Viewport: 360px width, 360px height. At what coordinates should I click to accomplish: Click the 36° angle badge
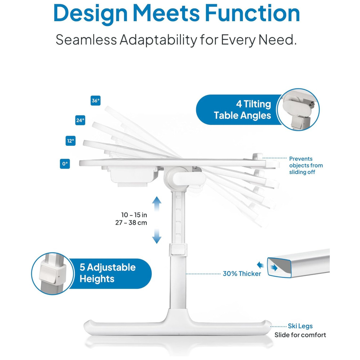(x=95, y=100)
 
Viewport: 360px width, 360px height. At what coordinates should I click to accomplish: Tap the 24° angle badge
(x=80, y=120)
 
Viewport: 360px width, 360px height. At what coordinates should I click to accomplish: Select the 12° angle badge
(x=71, y=141)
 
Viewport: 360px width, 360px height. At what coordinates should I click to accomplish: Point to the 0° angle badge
(x=65, y=164)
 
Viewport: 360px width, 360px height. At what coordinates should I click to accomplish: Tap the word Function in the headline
(x=252, y=13)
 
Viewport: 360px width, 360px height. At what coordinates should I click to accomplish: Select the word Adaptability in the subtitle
(x=158, y=40)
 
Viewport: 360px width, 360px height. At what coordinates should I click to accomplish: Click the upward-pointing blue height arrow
(x=157, y=204)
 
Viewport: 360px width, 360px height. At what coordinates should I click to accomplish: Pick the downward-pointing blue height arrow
(x=157, y=236)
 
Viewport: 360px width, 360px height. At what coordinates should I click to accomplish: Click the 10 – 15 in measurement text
(x=134, y=215)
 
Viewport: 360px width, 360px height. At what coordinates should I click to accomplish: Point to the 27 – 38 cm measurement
(x=131, y=223)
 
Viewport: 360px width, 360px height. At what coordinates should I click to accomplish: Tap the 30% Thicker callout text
(x=242, y=274)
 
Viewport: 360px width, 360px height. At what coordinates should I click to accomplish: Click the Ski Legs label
(x=300, y=326)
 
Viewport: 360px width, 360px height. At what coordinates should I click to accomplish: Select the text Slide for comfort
(x=300, y=335)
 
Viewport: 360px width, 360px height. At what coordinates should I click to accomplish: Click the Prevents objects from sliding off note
(x=306, y=165)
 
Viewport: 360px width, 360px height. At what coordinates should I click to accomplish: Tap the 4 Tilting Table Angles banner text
(x=242, y=110)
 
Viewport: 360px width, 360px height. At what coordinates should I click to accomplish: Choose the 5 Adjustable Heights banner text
(x=108, y=273)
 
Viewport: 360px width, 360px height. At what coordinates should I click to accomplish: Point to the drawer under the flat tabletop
(x=132, y=176)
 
